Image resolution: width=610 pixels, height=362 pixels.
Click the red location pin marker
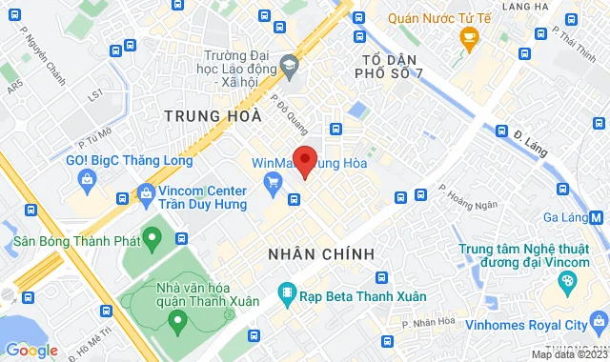point(304,160)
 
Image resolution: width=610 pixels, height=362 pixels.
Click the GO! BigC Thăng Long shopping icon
point(87,178)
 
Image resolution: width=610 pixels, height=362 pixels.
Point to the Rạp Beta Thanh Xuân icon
point(284,293)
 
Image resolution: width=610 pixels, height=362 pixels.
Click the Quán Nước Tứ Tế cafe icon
point(468,36)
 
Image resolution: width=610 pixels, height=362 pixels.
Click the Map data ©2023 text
point(568,354)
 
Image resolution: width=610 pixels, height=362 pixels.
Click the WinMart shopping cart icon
point(274,182)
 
